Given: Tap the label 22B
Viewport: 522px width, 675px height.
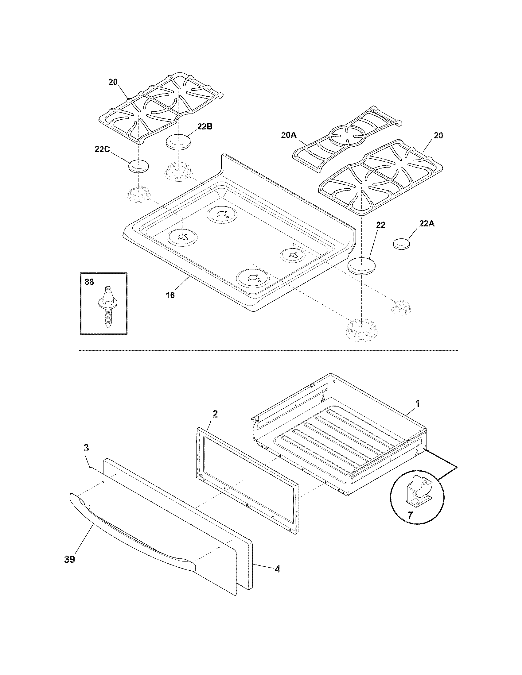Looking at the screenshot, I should click(x=205, y=127).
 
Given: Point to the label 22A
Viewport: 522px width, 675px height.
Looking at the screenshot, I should click(x=427, y=223).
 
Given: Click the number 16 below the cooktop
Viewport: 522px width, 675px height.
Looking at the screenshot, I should click(x=170, y=295).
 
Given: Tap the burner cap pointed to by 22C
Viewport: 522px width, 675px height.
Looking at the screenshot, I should click(x=138, y=166).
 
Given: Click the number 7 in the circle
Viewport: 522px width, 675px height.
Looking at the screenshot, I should click(x=410, y=515).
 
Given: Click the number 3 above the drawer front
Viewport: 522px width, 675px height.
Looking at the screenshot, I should click(x=86, y=448).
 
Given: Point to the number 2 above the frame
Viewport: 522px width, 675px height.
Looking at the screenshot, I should click(x=215, y=414).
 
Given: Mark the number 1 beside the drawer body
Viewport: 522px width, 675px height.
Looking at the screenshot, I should click(x=418, y=403).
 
